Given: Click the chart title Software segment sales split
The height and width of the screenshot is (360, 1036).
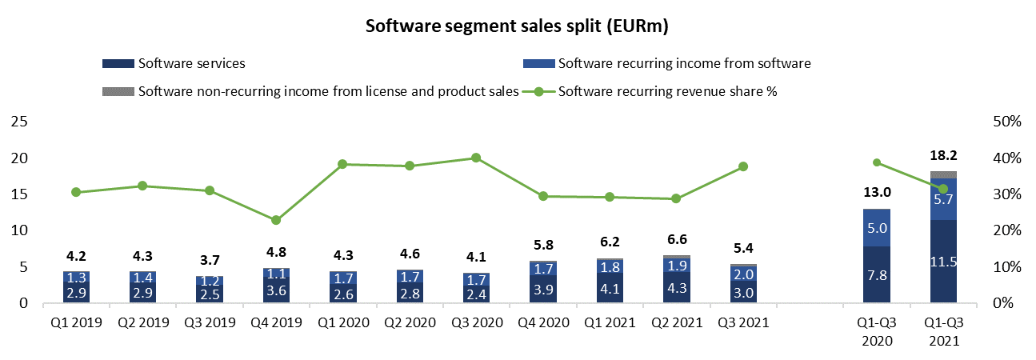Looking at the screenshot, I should pos(517,26).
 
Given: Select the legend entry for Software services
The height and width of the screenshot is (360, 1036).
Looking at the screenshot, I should pos(191,63).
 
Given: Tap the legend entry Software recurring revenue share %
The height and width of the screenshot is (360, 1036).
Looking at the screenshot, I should pos(667,90).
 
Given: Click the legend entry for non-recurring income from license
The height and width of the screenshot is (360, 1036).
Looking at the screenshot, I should pos(328,90).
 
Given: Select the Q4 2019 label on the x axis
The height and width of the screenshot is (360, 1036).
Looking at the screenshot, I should pos(276,323).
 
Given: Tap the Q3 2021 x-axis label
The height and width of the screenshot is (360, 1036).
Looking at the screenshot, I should pos(743,323).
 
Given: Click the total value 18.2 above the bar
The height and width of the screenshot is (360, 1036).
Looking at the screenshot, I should pos(944,157).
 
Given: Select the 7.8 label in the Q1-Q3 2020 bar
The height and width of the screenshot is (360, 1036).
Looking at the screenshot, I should pos(878,275).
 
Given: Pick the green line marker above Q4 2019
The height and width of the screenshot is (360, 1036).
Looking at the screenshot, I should pos(276,220).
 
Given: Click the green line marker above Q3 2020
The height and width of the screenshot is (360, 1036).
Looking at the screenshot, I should pos(476,158).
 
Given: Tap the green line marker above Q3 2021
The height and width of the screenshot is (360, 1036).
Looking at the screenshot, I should pos(743,166).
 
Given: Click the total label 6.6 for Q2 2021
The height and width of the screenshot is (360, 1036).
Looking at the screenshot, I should pos(676,240).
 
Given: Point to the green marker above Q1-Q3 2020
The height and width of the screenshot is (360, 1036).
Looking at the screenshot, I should pos(878,162).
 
